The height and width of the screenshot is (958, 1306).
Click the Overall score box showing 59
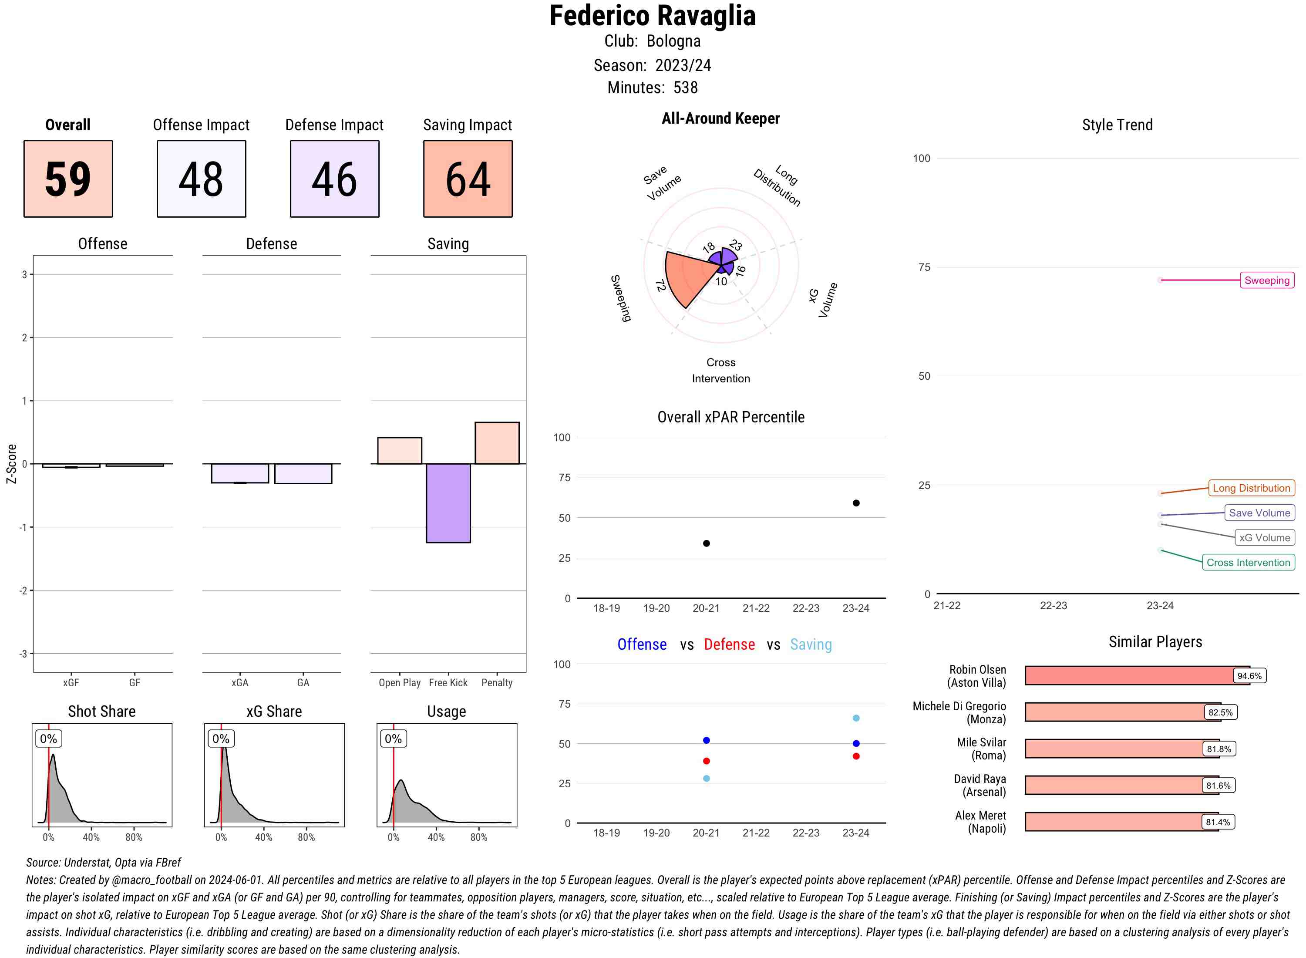coord(68,179)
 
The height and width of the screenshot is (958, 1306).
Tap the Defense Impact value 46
coord(334,179)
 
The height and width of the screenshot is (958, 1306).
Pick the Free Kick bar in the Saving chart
coord(448,503)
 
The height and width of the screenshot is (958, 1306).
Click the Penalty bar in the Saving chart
coord(497,443)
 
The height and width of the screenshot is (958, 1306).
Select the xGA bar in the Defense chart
coord(240,473)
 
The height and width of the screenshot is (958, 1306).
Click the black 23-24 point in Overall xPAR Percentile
coord(855,503)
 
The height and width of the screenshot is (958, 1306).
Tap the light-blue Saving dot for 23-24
coord(855,718)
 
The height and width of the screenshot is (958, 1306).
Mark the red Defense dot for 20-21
coord(706,761)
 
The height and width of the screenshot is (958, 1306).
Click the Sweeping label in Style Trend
coord(1266,280)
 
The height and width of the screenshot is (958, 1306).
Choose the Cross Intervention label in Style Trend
coord(1248,563)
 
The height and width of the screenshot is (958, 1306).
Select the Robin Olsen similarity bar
coord(1136,675)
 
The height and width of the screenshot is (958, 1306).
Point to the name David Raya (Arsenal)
coord(979,785)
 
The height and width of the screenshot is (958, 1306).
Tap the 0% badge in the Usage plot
coord(393,739)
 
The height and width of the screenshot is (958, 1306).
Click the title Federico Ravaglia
coord(652,16)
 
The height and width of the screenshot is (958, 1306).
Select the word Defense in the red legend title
coord(729,644)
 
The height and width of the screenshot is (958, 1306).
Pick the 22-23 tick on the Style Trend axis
coord(1053,605)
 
